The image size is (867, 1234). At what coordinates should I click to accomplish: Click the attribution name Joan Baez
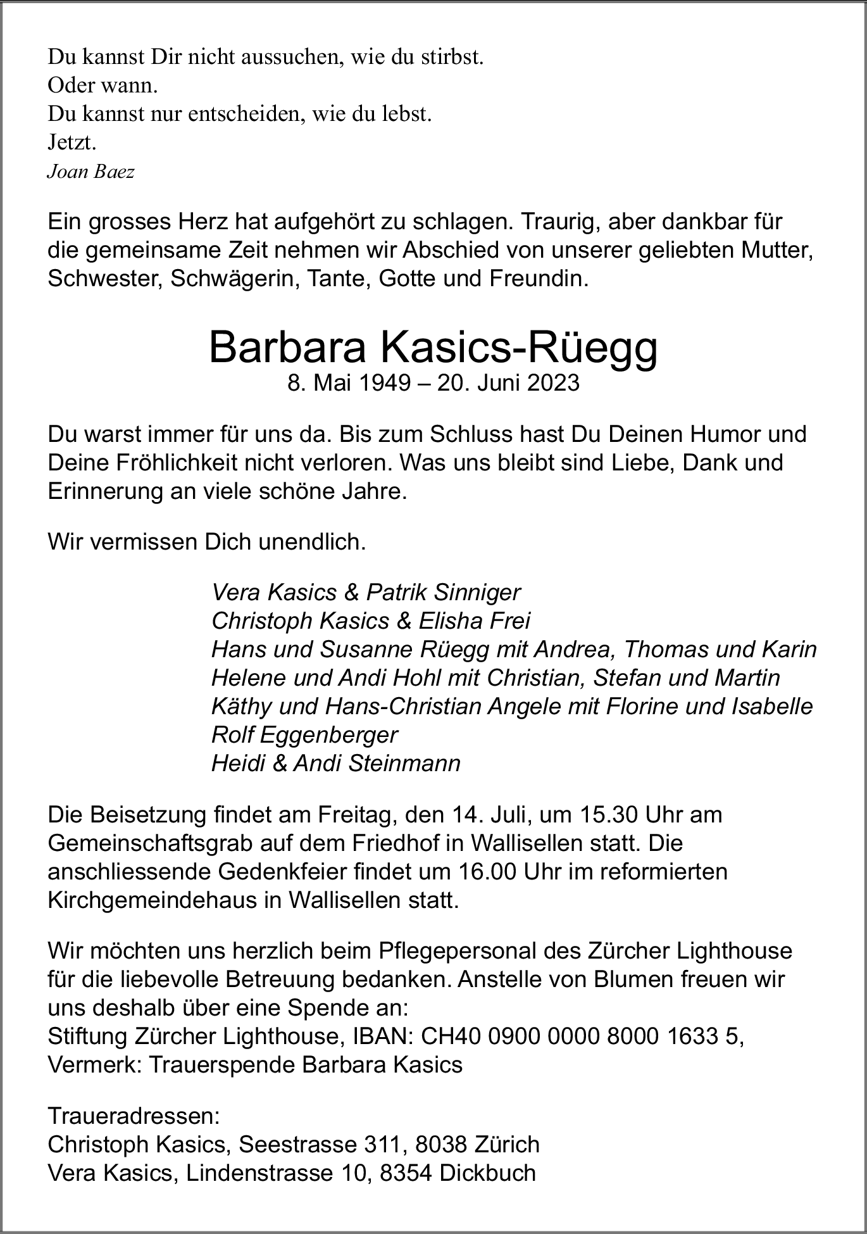(x=90, y=172)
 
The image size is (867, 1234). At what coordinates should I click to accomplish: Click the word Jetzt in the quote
(x=71, y=143)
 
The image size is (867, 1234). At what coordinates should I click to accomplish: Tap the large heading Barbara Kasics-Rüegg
(x=433, y=348)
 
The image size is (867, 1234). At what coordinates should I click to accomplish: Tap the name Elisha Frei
(x=474, y=621)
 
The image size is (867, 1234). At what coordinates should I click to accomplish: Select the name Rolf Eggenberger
(x=304, y=734)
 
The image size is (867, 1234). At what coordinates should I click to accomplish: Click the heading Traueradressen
(x=134, y=1115)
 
